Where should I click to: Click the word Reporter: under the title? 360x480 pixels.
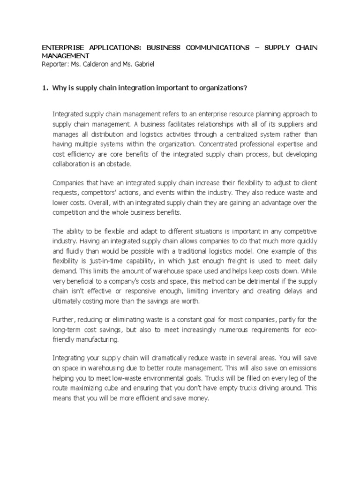click(56, 64)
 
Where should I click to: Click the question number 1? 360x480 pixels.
click(45, 90)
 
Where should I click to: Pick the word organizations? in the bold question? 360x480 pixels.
click(224, 90)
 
